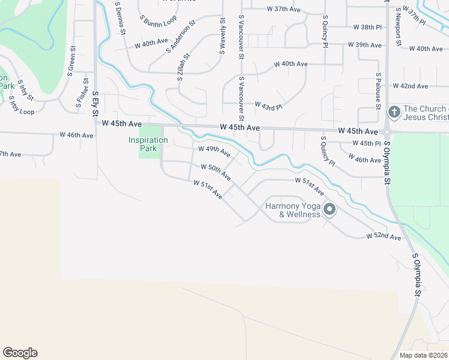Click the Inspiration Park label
click(x=148, y=144)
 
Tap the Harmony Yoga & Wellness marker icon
click(x=330, y=209)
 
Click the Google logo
click(x=20, y=353)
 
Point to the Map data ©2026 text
click(x=423, y=355)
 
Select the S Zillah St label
click(x=183, y=67)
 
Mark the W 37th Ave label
click(x=284, y=9)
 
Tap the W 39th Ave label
click(x=365, y=45)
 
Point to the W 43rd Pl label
click(x=268, y=106)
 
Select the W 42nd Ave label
click(x=411, y=86)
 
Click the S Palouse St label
click(x=378, y=91)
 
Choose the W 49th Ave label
click(x=214, y=151)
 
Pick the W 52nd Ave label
click(x=384, y=238)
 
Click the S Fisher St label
click(x=79, y=95)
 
